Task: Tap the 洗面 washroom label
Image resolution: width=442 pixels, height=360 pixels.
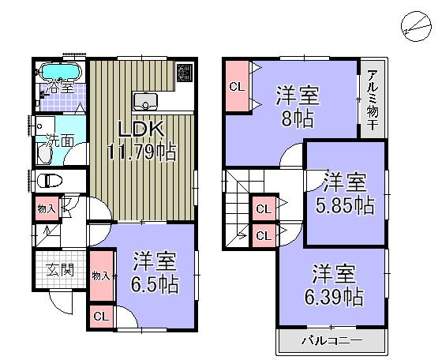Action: pyautogui.click(x=57, y=144)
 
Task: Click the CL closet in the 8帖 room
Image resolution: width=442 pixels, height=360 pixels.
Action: pyautogui.click(x=236, y=86)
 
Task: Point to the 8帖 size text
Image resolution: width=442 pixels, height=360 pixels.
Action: pyautogui.click(x=298, y=119)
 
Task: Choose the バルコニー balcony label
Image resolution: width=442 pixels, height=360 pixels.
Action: pyautogui.click(x=331, y=341)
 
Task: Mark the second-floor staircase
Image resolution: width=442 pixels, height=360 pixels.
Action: pyautogui.click(x=238, y=207)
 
